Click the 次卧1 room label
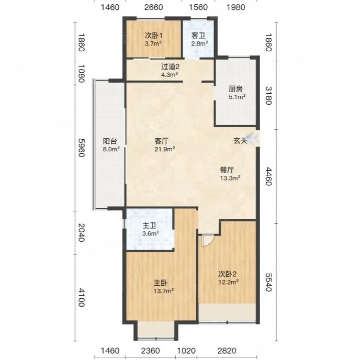point(154,36)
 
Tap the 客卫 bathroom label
point(198,36)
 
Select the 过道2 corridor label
point(170,66)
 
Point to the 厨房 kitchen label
point(235,89)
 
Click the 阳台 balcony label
point(110,141)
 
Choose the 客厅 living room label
point(162,141)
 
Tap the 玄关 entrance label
point(240,141)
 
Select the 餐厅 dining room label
point(227,170)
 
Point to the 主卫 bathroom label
point(150,226)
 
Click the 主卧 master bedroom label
point(161,283)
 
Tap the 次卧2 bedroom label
point(227,274)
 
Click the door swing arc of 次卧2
point(210,243)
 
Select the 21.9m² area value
point(165,149)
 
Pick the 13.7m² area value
point(163,291)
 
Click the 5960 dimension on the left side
point(81,148)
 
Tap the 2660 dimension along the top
point(154,7)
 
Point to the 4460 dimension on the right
point(268,176)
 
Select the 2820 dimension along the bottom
point(227,351)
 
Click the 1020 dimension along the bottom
point(186,351)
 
